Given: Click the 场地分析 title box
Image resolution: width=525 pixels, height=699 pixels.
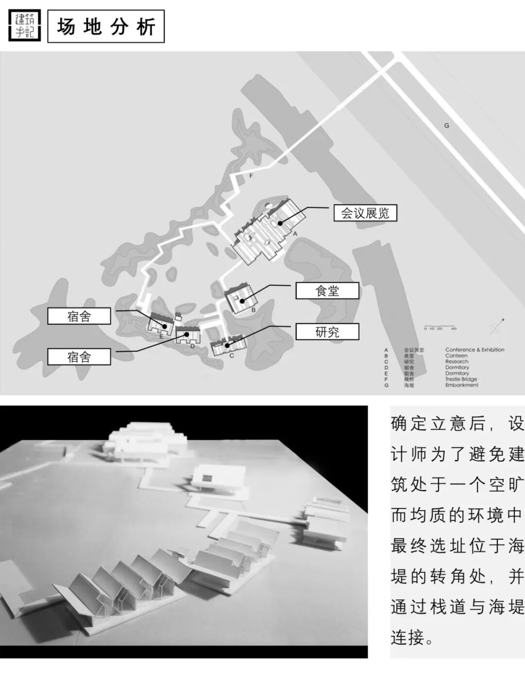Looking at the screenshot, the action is [106, 26].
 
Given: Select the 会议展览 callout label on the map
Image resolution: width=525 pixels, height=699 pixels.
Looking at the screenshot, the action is [365, 213].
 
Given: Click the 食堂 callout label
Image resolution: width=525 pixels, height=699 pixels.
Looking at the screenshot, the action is [327, 291].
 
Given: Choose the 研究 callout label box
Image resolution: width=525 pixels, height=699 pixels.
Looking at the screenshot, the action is [327, 332].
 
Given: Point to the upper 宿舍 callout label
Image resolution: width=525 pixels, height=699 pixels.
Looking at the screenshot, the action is [79, 317].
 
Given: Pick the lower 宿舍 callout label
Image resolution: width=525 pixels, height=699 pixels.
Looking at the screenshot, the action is [79, 357].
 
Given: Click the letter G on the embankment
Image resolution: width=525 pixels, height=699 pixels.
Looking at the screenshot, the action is [447, 125].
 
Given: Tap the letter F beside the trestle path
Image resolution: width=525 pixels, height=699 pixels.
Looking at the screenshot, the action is [251, 176].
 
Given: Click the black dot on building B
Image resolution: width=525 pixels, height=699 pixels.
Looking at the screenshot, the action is [241, 301].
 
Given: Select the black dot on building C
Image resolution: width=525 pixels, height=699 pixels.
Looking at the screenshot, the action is [227, 345].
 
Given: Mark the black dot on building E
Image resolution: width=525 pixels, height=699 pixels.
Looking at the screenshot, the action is [164, 325].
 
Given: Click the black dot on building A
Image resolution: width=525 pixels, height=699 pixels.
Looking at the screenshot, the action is [280, 223].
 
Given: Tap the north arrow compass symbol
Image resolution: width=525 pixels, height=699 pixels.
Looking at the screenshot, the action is [497, 326].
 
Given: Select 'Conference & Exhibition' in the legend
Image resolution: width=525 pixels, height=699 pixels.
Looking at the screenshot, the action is [474, 350].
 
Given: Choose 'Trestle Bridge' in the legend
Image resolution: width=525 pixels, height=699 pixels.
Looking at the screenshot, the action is [461, 379].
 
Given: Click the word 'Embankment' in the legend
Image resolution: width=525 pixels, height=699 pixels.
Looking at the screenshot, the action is [461, 385].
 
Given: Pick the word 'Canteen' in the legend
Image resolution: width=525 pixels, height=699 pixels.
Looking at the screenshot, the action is [456, 356].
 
